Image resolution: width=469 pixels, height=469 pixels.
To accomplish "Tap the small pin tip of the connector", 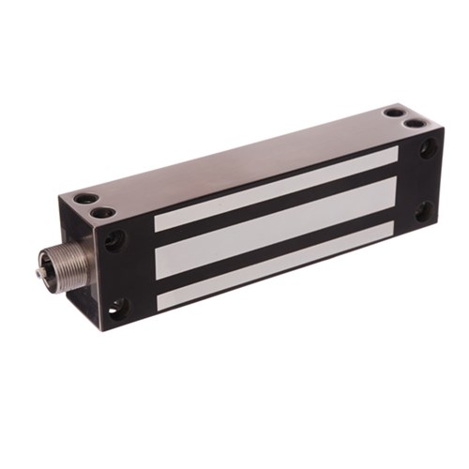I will click(38, 273).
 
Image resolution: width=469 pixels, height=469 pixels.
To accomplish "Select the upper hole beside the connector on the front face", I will click(113, 240).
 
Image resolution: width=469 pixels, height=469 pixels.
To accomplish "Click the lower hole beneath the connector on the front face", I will click(117, 306).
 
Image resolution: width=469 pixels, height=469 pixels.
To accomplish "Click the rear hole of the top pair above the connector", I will click(86, 199).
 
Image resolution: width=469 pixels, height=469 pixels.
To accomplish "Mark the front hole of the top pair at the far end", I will click(414, 121).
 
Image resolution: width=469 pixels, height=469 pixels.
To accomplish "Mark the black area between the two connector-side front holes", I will click(117, 274).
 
